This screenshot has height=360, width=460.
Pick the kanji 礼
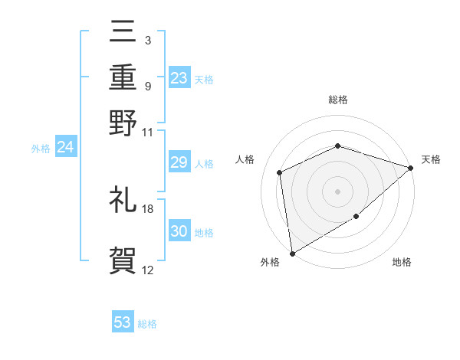coord(123,200)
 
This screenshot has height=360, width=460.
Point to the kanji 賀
coord(123,260)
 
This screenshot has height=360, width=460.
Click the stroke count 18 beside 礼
coord(148,208)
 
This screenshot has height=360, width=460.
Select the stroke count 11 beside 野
coord(148,132)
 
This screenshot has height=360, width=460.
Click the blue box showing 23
coord(179,77)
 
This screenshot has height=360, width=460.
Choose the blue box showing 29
coord(179,162)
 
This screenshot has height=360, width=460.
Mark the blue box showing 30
coord(179,231)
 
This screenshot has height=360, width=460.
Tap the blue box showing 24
coord(65,147)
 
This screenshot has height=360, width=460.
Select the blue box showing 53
coord(123,322)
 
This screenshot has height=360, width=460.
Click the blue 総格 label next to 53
coord(147,324)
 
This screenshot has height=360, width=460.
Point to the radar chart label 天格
coord(431,159)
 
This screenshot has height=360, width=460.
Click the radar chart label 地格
coord(402,263)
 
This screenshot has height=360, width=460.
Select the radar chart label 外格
coord(270,263)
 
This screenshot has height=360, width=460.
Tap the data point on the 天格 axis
coord(411,168)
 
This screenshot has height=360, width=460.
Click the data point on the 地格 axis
coord(356,218)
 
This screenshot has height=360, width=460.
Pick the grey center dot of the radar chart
coord(337,191)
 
